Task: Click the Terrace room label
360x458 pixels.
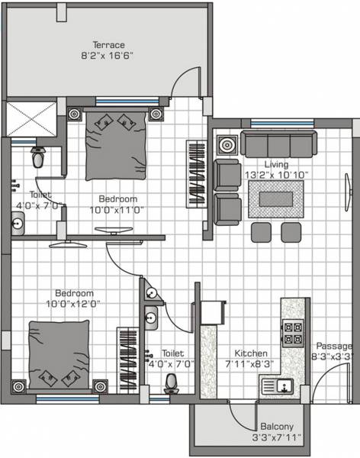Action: [x=109, y=45]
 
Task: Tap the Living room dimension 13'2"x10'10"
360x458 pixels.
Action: [x=276, y=175]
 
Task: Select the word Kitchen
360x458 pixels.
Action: [x=251, y=353]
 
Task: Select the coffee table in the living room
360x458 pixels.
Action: [x=277, y=198]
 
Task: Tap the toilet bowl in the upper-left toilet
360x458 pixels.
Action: [x=39, y=157]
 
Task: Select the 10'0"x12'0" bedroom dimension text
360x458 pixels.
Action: [x=73, y=303]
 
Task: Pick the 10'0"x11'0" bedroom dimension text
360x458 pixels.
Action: [x=117, y=209]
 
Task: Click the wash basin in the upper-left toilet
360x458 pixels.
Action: [x=18, y=223]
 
